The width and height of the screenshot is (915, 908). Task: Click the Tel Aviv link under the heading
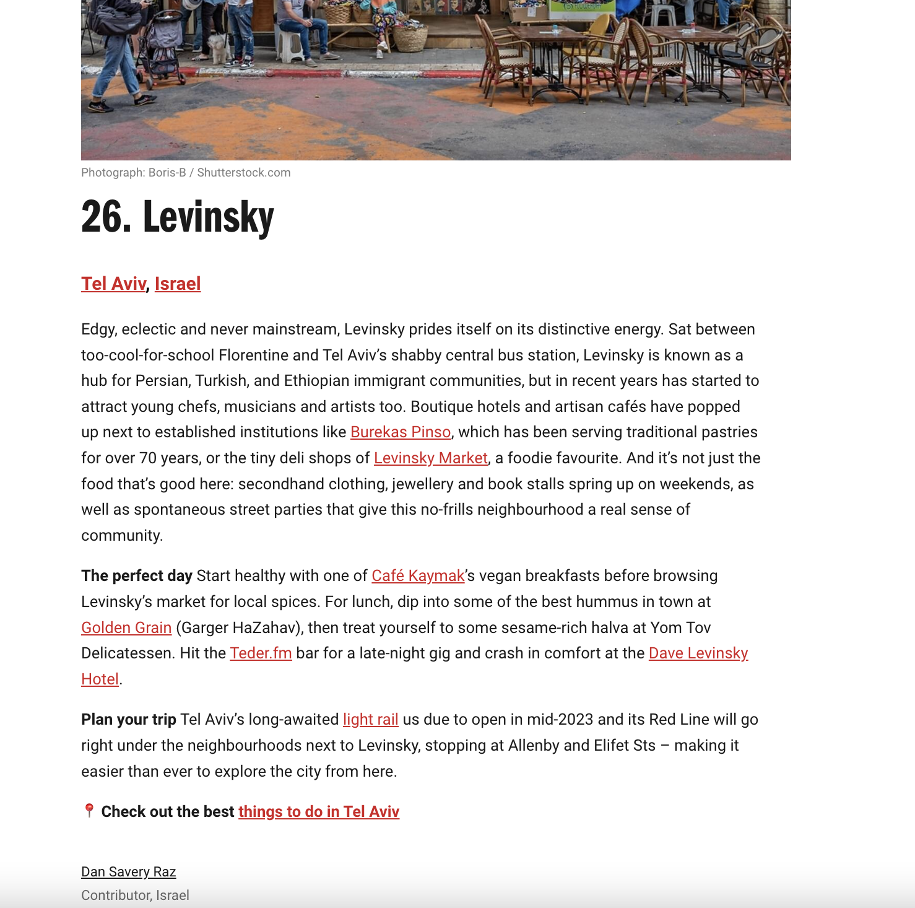coord(113,284)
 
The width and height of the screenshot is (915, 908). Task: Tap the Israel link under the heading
coord(178,284)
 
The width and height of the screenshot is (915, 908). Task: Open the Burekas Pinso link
coord(401,432)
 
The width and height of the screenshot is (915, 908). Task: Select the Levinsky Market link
coord(431,458)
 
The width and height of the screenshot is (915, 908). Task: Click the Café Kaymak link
coord(418,576)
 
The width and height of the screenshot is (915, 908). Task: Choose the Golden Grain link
coord(126,628)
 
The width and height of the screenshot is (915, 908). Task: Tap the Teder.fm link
coord(261,653)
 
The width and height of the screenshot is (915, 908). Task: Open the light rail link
coord(370,720)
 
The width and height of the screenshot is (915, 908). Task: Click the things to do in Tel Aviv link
coord(319,812)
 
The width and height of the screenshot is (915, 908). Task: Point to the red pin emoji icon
coord(89,811)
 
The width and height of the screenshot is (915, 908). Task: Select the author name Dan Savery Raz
coord(129,872)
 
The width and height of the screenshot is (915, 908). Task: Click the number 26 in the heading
coord(106,217)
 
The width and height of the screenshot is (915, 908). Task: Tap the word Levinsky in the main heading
coord(209,217)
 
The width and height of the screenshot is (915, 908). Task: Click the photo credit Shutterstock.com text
coord(243,173)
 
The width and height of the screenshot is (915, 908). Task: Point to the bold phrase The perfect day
coord(137,576)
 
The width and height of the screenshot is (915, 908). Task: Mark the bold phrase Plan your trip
coord(129,720)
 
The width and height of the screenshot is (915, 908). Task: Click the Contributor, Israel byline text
coord(135,896)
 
